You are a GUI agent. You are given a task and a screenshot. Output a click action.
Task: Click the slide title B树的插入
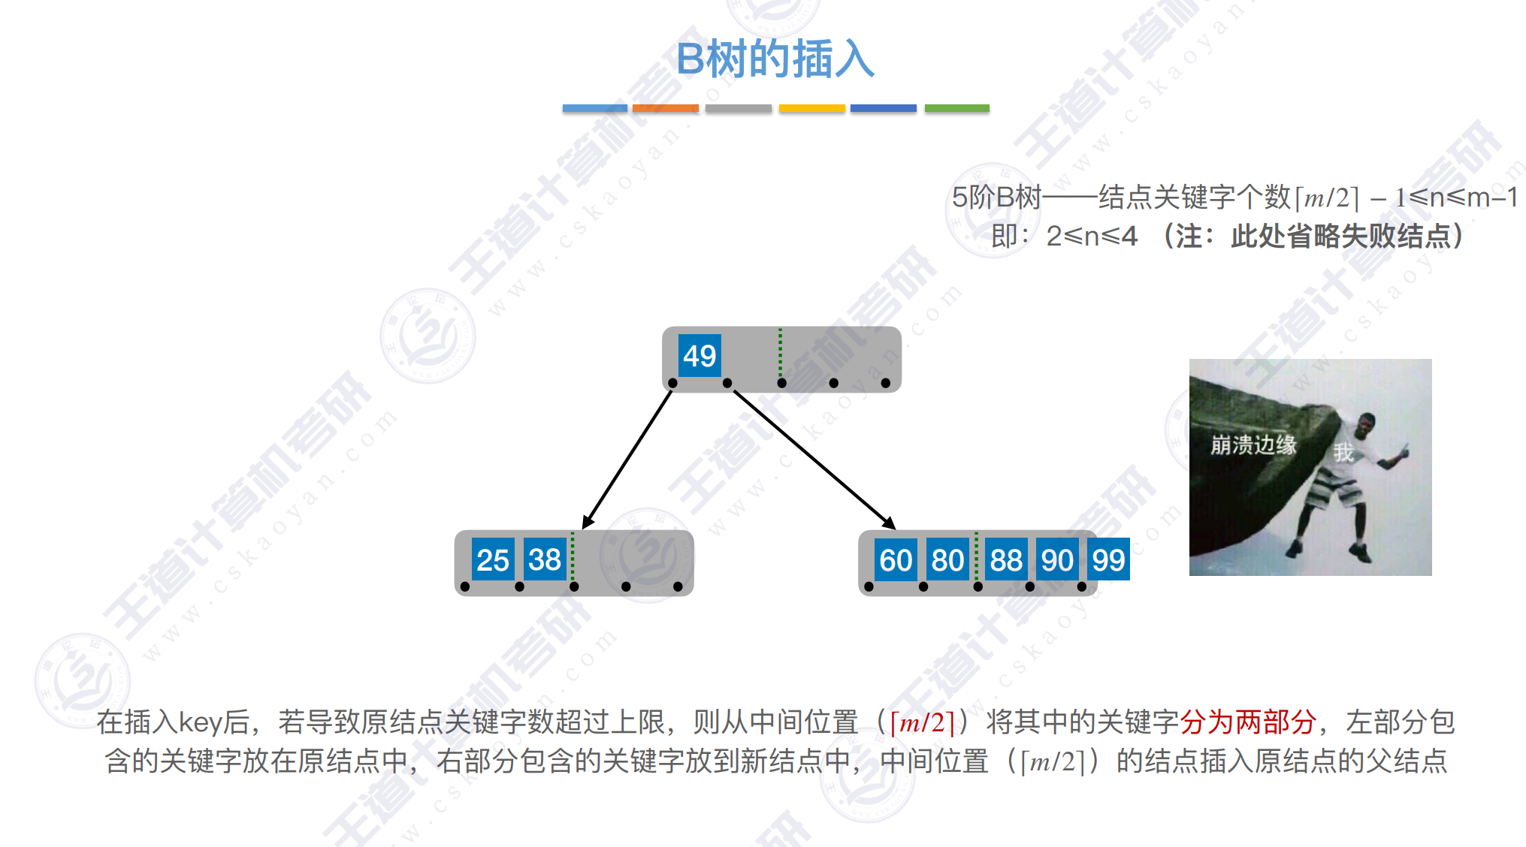tap(775, 59)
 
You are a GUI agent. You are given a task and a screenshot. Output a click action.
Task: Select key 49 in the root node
tap(700, 355)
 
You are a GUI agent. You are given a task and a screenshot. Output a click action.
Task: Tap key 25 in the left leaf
tap(493, 559)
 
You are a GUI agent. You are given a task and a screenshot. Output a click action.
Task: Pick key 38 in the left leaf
tap(545, 559)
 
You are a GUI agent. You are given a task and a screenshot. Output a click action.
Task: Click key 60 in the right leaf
tap(896, 559)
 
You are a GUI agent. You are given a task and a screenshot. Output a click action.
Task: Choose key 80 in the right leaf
tap(947, 559)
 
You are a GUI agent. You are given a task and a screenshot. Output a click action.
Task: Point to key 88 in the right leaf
tap(1006, 559)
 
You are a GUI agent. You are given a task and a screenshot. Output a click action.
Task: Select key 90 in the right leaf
tap(1057, 559)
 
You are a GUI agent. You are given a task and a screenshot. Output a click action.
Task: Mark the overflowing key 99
tap(1108, 559)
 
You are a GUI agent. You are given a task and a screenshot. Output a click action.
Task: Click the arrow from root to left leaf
tap(627, 460)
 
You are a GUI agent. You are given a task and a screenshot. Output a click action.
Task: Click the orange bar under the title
tap(666, 108)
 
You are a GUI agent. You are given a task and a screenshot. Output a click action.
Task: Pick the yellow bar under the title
tap(812, 108)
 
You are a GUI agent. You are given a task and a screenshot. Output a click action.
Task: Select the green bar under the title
tap(956, 108)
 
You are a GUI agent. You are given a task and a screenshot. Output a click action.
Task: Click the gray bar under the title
tap(739, 108)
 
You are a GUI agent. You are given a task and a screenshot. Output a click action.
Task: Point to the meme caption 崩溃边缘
tap(1253, 445)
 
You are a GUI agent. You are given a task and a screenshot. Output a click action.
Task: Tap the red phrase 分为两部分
tap(1248, 722)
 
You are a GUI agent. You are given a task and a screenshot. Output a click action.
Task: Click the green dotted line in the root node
tap(780, 353)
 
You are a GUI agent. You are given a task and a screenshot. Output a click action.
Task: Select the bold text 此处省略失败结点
tap(1340, 236)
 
